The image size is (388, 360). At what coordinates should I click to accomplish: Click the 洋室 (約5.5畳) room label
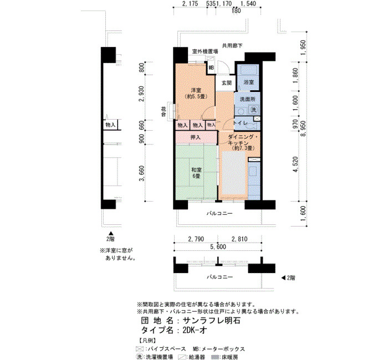196,94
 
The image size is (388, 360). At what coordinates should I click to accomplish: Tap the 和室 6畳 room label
196,173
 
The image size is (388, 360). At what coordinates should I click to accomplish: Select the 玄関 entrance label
226,83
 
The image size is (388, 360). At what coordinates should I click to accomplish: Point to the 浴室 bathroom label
249,82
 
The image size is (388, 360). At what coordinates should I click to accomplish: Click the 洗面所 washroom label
248,99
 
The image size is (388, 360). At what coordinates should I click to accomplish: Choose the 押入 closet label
195,137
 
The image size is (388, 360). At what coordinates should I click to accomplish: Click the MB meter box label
211,68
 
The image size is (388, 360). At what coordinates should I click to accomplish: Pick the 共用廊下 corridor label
232,45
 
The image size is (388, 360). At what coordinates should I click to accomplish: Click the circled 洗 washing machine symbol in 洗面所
254,110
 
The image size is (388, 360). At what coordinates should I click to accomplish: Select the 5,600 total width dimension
218,247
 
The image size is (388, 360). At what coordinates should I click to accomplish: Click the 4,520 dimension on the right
295,164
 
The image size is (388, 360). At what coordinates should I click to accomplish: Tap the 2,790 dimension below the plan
196,239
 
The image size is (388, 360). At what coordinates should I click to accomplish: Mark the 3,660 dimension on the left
141,173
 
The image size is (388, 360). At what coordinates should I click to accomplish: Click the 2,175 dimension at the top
190,4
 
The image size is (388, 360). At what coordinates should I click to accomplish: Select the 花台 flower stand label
164,111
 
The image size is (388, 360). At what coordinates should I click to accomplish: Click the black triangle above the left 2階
111,233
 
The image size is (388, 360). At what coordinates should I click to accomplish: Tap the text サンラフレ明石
211,321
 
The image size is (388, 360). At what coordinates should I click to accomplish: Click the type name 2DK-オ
195,330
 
